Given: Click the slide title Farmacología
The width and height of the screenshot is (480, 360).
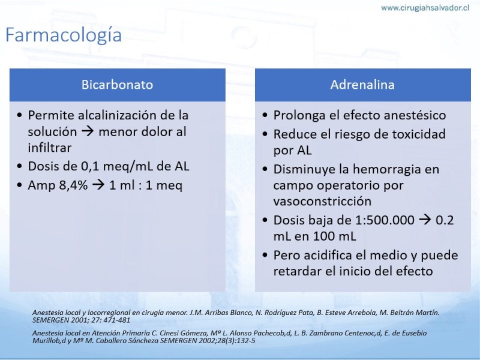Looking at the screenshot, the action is [x=64, y=35].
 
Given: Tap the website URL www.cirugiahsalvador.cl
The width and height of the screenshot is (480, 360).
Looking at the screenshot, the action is [x=425, y=8].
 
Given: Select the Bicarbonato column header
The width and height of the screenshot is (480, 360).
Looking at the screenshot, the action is [x=117, y=85].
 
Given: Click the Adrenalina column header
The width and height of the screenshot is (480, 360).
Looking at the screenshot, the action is [x=362, y=85].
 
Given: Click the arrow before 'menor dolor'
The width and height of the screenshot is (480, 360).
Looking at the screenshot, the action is [x=88, y=132].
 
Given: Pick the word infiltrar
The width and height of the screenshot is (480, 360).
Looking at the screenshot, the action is [x=50, y=148].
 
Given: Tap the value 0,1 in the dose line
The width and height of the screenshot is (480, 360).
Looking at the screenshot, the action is [x=91, y=167].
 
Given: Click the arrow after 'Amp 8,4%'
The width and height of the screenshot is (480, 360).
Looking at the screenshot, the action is [x=98, y=185].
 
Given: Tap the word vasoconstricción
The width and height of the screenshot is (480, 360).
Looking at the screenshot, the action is [x=322, y=201].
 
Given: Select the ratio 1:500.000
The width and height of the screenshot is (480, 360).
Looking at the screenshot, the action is [x=385, y=220].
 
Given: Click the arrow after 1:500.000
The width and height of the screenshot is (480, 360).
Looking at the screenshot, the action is [x=425, y=220].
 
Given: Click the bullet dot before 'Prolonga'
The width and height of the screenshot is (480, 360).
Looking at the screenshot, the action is [x=265, y=115].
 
